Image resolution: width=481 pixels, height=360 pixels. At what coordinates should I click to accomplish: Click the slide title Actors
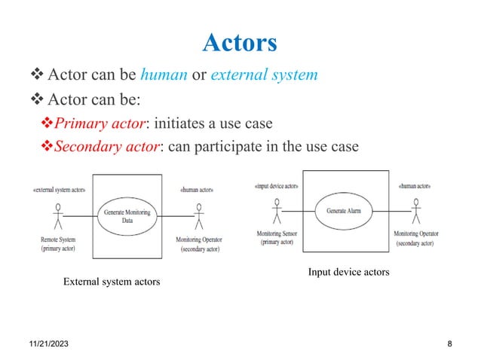coord(240,42)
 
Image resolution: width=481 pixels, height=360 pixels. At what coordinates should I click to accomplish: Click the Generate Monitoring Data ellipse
coord(122,217)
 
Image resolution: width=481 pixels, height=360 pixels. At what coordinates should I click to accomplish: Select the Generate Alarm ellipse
coord(343,211)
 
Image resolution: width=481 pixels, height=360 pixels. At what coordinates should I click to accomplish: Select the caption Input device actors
coord(348,272)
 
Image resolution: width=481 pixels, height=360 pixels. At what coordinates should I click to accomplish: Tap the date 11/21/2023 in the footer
coord(42,344)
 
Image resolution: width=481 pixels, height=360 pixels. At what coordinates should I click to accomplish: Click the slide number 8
coord(449,344)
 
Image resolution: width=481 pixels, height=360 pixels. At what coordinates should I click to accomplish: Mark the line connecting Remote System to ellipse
coord(78,217)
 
